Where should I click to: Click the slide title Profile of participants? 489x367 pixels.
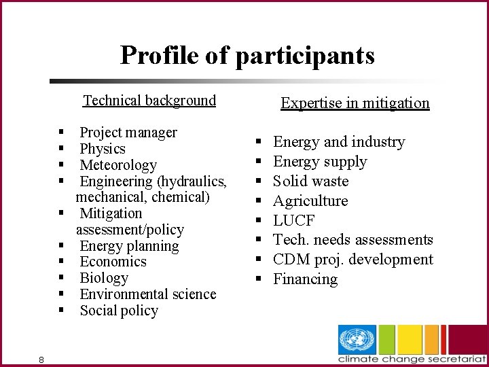(247, 55)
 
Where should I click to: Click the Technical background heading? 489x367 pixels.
(149, 101)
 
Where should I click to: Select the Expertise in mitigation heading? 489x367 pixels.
(355, 103)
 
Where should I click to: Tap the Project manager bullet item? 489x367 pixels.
(128, 133)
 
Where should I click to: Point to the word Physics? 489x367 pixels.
(103, 149)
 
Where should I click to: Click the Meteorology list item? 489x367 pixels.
(118, 165)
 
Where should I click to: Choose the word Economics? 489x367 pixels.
(113, 262)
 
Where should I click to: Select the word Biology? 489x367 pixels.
(104, 278)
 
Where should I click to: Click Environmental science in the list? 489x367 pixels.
(147, 294)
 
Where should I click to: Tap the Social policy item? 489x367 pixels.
(119, 311)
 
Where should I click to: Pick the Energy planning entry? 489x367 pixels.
(129, 246)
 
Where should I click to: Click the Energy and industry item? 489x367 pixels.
(338, 142)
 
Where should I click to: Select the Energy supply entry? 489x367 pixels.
(319, 162)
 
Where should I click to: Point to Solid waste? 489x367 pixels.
(310, 181)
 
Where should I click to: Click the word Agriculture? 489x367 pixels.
(310, 201)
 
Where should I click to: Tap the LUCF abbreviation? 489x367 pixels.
(293, 221)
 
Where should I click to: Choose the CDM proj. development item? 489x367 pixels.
(352, 260)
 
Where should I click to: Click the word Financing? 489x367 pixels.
(305, 279)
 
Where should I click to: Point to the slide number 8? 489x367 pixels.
(41, 360)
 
